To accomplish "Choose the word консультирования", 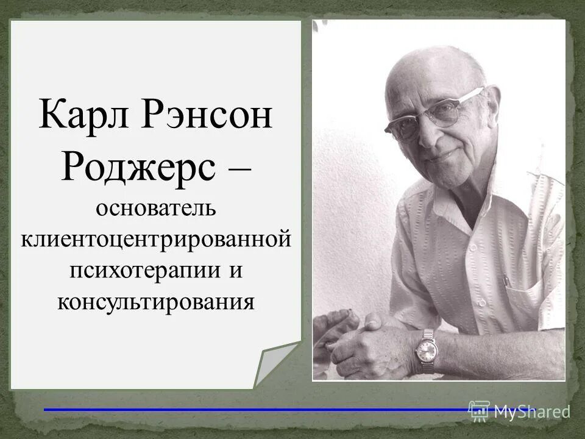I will coord(155,301).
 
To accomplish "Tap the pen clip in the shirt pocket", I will coord(505,281).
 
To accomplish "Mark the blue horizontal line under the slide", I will coord(256,410).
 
